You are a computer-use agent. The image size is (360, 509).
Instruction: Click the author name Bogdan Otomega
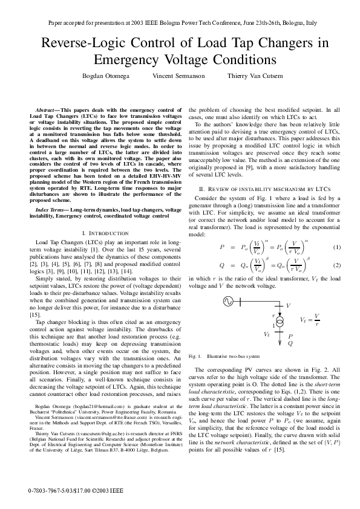[105, 76]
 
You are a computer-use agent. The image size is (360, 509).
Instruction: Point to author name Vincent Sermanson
[178, 76]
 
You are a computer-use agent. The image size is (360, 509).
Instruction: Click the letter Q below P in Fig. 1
[290, 343]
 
